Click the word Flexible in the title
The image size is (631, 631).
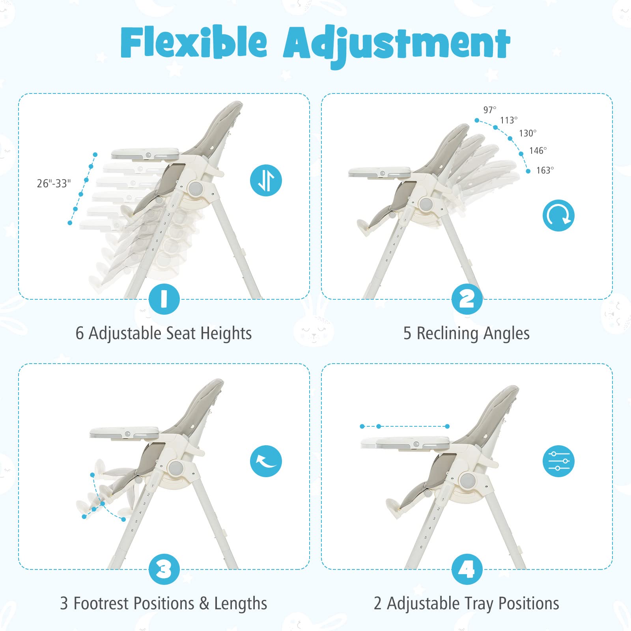[x=194, y=43]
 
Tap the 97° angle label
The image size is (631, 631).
[x=490, y=110]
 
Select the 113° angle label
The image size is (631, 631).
[x=509, y=120]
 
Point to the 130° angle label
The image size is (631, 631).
[x=528, y=133]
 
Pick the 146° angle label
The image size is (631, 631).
[x=538, y=151]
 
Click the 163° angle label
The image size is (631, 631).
[x=545, y=170]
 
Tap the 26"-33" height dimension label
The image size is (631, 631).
[x=54, y=183]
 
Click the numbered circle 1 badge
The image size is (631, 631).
[x=164, y=299]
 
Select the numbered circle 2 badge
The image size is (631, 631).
[x=467, y=299]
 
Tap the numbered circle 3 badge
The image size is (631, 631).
[x=164, y=569]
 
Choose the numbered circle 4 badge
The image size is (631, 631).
[x=467, y=569]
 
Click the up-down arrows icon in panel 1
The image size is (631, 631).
[x=266, y=180]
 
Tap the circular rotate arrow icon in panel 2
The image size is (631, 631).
[x=558, y=215]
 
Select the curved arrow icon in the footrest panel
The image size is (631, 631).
[x=266, y=461]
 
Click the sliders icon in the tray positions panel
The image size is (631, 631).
[x=558, y=461]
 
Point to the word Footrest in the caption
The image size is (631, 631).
[x=103, y=603]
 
